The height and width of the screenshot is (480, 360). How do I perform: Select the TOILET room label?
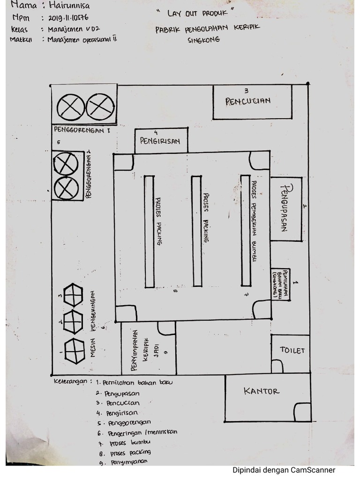coord(292,351)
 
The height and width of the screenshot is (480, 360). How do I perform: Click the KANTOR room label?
coord(262,391)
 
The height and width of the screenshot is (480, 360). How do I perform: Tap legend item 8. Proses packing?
coord(124,452)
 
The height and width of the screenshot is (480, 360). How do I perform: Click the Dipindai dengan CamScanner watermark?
coord(284,470)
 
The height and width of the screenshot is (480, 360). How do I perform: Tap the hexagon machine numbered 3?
coord(73,295)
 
